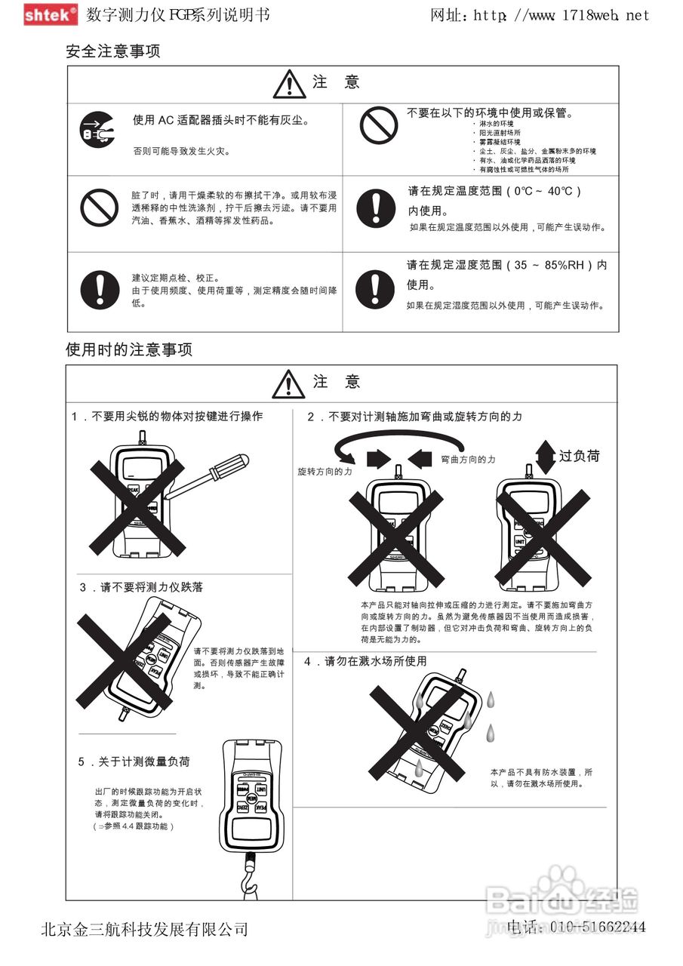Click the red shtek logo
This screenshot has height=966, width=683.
coord(50,14)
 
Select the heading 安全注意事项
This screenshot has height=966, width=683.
coord(113,52)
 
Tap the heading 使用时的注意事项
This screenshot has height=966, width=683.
coord(129,349)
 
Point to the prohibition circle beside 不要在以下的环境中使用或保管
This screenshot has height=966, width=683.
coord(378,125)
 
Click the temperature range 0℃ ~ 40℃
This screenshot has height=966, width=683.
coord(547,191)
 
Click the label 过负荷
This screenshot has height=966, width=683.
coord(580,456)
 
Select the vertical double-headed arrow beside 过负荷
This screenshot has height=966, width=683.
coord(545,457)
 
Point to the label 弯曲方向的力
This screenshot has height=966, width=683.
coord(468,459)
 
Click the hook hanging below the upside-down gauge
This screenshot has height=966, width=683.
coord(248,876)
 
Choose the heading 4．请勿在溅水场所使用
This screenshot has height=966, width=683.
coord(366,661)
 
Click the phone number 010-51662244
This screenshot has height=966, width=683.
coord(596,927)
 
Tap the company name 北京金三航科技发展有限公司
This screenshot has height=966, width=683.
coord(144,929)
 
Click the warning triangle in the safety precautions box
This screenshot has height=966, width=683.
coord(289,84)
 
